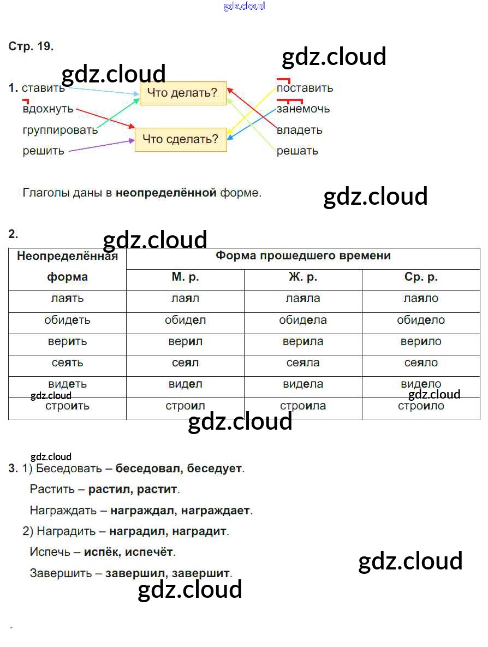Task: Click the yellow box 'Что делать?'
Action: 183,93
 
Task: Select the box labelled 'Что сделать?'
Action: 180,139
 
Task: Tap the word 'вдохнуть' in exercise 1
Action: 48,109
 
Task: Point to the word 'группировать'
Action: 60,130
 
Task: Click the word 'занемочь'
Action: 303,109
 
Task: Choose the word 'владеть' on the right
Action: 299,130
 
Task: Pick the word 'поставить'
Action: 305,88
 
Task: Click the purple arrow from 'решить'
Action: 102,146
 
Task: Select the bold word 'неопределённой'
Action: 166,193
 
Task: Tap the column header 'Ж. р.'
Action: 302,277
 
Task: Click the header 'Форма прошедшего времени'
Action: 303,256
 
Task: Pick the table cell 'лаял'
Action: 185,299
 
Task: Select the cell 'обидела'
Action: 302,320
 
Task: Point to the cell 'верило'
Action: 421,341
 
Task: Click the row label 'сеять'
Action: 67,363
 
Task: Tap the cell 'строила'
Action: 302,406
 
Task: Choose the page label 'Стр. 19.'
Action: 31,47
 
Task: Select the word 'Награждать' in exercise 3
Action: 62,511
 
